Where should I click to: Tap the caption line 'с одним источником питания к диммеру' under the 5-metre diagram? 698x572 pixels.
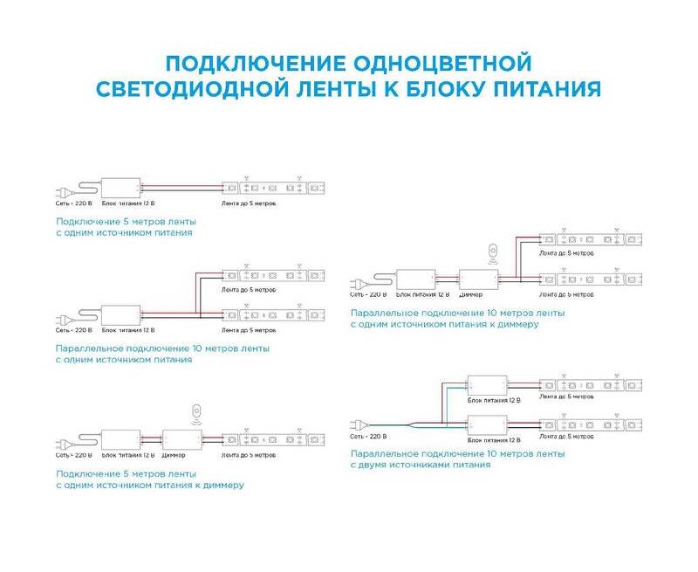pos(149,485)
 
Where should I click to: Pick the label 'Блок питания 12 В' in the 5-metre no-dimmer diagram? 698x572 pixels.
pos(128,203)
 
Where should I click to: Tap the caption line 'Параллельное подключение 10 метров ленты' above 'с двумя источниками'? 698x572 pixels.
pos(457,454)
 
